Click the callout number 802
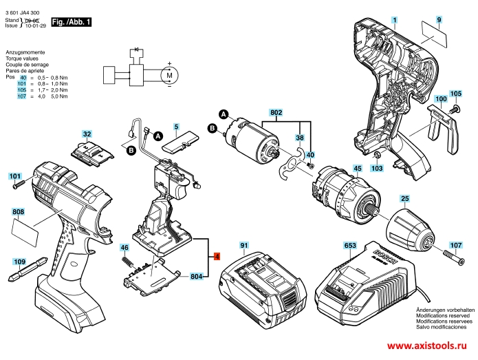(276, 112)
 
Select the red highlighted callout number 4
(217, 257)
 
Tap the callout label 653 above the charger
(349, 246)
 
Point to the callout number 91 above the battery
(244, 246)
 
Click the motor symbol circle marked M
(168, 74)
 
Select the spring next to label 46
(127, 261)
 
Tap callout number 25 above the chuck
(405, 200)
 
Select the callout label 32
(87, 134)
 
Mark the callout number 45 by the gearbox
(357, 167)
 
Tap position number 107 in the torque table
(21, 96)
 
